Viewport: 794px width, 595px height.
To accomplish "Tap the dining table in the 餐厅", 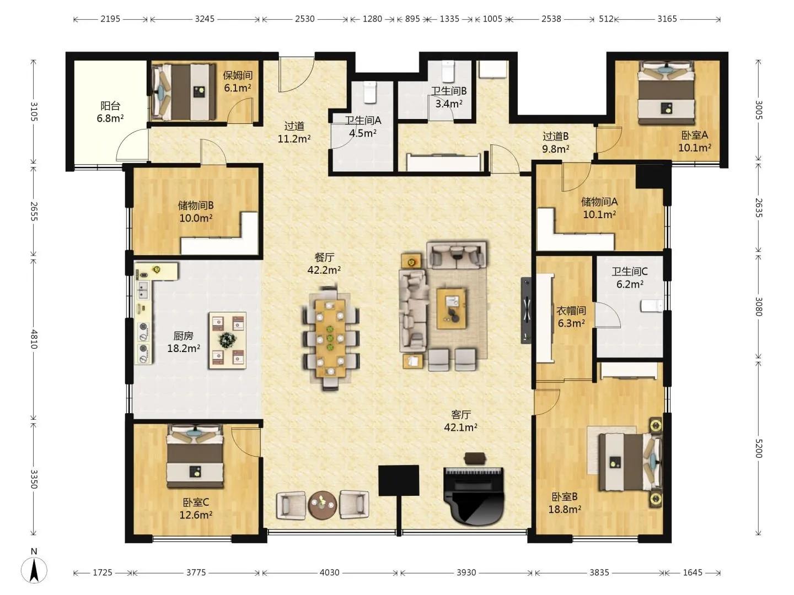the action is click(330, 337).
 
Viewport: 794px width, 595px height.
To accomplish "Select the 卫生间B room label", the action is click(448, 91).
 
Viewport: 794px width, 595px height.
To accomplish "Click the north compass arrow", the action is click(34, 570).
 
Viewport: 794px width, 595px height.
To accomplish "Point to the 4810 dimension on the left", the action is click(34, 339).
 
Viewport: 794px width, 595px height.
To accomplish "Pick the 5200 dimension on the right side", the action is click(759, 448).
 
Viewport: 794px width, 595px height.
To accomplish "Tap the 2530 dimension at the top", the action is click(304, 19).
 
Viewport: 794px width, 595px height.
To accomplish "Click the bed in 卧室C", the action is click(195, 457).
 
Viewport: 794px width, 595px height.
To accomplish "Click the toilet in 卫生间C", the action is click(652, 306).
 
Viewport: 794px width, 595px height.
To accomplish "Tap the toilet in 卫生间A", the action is click(370, 92).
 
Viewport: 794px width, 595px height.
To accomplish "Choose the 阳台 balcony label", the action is click(110, 105).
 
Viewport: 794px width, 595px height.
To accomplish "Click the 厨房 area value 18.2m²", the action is click(184, 348).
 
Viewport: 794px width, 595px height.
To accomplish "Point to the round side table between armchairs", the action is click(323, 504).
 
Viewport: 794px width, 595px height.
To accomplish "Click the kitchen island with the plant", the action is click(228, 340).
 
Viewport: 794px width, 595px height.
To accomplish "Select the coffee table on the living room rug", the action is click(451, 308).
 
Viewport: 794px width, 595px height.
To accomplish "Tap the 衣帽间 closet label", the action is click(571, 310).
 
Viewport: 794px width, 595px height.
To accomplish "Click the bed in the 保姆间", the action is click(183, 92).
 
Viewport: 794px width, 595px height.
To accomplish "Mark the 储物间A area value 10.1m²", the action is click(599, 215).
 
